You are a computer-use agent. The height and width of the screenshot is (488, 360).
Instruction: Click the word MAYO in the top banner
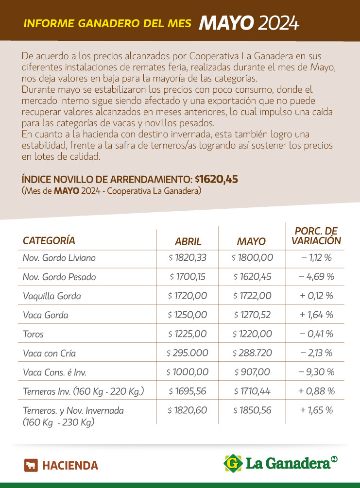pos(226,22)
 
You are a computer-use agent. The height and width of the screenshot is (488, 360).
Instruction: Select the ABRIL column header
pos(188,241)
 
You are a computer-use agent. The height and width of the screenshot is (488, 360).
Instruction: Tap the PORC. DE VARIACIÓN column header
pos(316,236)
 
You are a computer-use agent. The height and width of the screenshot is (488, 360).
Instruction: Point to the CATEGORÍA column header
pos(49,240)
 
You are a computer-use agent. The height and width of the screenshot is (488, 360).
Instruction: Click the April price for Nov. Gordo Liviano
pos(188,258)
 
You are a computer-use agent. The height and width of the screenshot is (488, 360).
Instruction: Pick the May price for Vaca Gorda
pos(252,315)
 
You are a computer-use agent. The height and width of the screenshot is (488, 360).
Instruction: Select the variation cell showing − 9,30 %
pos(316,372)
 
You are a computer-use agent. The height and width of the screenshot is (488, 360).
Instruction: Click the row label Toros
pos(33,334)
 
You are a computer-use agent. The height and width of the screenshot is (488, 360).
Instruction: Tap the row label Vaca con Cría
pos(49,353)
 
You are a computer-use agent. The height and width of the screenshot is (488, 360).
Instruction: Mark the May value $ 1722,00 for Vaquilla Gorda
pos(252,296)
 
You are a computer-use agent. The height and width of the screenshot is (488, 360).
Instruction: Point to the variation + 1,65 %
pos(316,410)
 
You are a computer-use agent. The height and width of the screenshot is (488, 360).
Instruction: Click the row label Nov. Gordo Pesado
pos(59,277)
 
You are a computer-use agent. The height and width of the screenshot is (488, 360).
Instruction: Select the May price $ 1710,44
pos(252,391)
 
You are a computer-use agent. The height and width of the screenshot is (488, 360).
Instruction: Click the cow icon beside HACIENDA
pos(31,465)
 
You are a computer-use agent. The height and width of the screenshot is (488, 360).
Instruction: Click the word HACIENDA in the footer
pos(70,466)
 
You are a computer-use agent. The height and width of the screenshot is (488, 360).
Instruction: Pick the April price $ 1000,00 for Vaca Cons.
pos(188,372)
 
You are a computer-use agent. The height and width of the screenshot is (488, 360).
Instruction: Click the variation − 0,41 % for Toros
pos(316,334)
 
